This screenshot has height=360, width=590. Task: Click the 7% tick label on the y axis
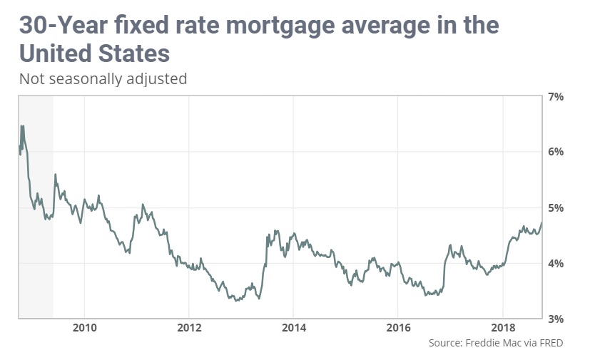pos(556,96)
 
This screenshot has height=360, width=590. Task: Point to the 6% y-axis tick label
pos(556,152)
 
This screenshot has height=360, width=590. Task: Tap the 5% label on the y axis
pos(556,207)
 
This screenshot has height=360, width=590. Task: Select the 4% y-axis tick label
pos(556,263)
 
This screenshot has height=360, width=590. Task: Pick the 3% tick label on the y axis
pos(556,319)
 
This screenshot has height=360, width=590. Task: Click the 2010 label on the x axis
pos(84,329)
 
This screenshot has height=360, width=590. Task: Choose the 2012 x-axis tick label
pos(188,329)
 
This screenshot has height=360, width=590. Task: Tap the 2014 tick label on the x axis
pos(293,329)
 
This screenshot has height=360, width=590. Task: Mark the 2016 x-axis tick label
pos(397,329)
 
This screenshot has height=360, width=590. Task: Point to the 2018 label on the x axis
pos(502,329)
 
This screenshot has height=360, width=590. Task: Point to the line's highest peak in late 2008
pos(22,125)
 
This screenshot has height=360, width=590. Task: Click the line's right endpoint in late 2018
pos(541,223)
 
